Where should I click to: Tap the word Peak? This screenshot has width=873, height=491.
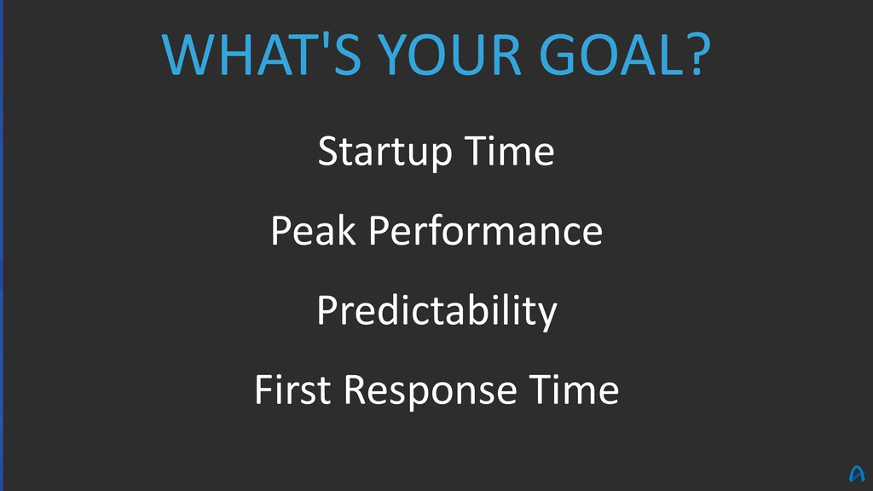click(x=313, y=230)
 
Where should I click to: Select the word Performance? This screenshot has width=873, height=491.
click(x=485, y=231)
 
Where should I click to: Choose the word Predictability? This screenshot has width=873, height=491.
click(x=437, y=310)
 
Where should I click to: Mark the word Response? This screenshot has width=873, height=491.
click(x=431, y=390)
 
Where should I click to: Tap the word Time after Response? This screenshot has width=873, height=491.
click(x=574, y=389)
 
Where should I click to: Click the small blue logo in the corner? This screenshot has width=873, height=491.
click(x=857, y=474)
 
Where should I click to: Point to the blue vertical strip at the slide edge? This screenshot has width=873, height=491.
click(x=2, y=245)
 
